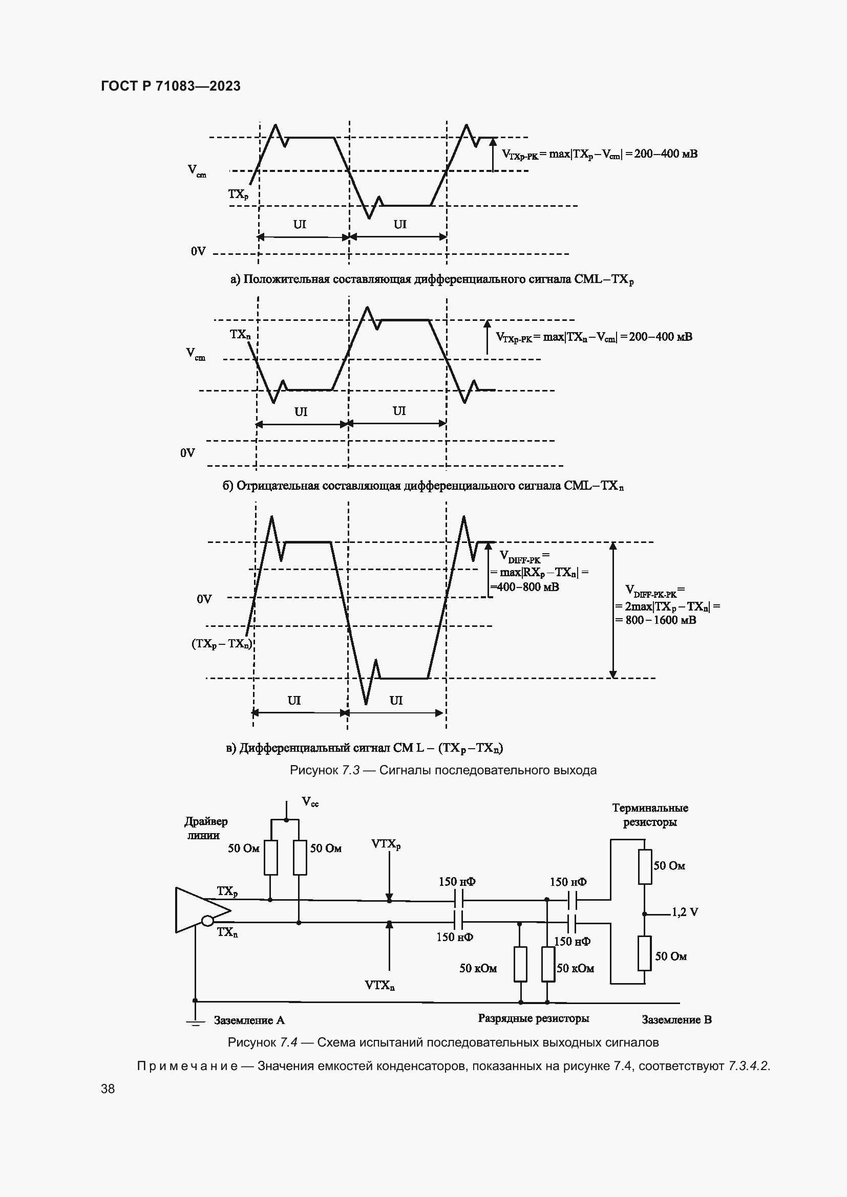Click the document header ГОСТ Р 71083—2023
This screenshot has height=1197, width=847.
171,86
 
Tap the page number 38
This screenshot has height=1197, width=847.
108,1089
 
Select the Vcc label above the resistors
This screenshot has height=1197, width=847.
310,802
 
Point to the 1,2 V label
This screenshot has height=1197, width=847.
685,912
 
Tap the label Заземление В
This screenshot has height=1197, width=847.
676,1020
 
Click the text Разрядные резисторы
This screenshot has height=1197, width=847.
534,1018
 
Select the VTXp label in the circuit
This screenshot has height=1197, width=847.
386,844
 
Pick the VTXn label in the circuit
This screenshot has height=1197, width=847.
379,985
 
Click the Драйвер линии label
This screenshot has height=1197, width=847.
205,828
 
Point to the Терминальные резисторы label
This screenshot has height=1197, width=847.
650,815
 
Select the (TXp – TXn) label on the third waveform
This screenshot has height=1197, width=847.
222,644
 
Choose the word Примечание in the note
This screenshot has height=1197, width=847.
187,1066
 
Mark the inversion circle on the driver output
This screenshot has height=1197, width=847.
207,921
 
